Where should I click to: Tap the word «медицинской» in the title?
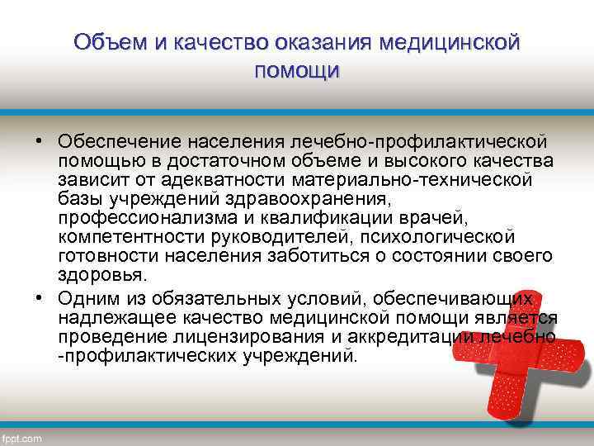tap(450, 41)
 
